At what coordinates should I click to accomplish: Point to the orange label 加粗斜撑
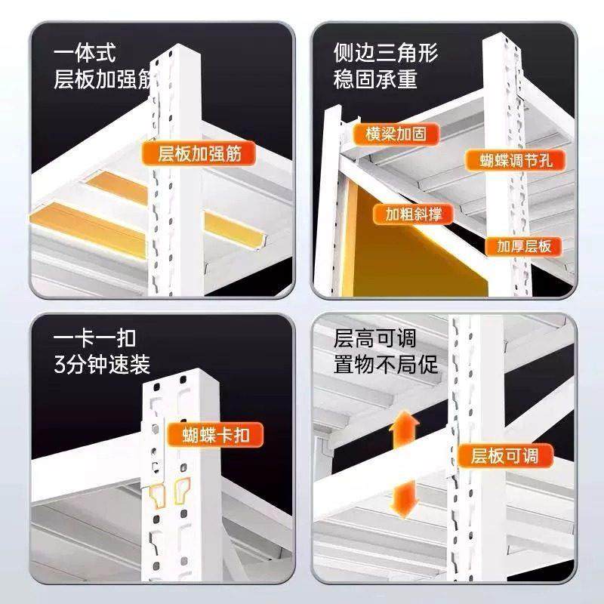pos(413,214)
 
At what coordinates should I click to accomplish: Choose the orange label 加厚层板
pos(524,246)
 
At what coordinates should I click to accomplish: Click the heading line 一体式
pos(84,54)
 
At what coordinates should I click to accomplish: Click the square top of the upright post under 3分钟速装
pos(185,377)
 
